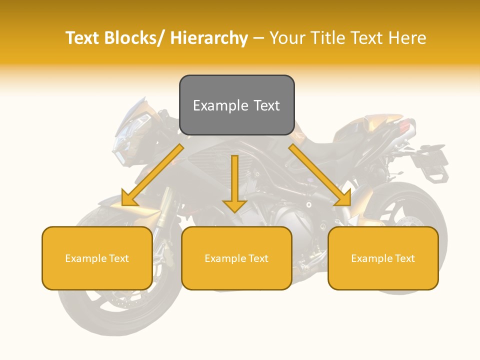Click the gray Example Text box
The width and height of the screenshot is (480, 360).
pyautogui.click(x=236, y=105)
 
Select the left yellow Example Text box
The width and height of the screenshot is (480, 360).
pyautogui.click(x=97, y=258)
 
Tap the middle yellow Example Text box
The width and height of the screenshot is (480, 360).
pyautogui.click(x=236, y=258)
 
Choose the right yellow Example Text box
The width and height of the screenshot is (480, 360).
pyautogui.click(x=383, y=258)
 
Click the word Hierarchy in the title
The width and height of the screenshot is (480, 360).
pyautogui.click(x=209, y=38)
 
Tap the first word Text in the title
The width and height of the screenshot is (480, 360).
pyautogui.click(x=83, y=38)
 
